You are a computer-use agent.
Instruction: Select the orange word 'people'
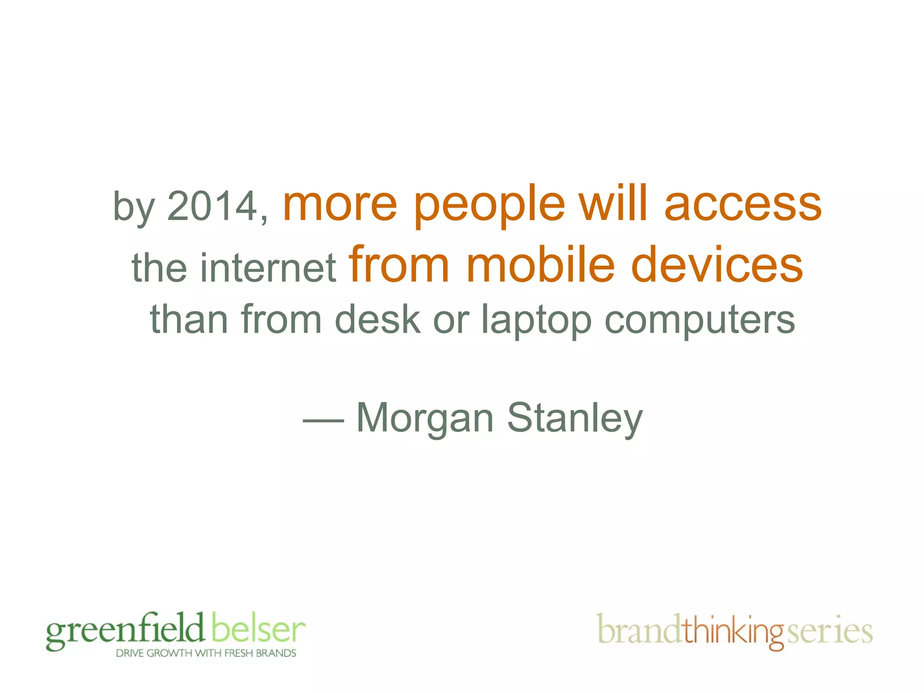tap(489, 207)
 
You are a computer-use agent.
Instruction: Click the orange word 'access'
tap(743, 205)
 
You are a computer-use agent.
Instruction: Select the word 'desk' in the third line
tap(377, 319)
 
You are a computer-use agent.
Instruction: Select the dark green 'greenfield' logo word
tap(125, 631)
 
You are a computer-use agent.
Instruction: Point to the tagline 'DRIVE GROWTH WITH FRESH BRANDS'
tap(206, 653)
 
